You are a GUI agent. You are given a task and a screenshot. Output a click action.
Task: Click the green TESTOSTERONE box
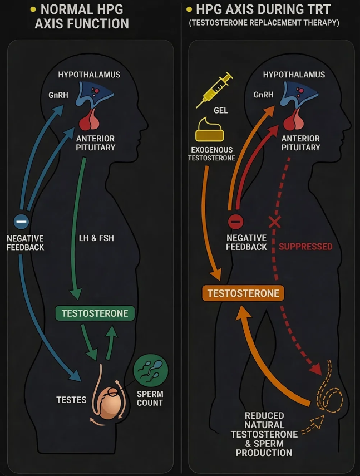tap(95, 313)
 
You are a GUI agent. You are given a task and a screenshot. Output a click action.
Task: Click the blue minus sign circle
tap(21, 221)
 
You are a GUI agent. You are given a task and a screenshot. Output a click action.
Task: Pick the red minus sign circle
tap(235, 221)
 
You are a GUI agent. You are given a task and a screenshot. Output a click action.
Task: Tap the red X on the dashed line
tap(274, 223)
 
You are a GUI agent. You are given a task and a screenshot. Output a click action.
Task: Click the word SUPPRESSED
tap(305, 246)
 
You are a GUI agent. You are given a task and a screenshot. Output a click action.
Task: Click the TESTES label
tap(71, 399)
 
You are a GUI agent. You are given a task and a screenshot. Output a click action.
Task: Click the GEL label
tap(221, 110)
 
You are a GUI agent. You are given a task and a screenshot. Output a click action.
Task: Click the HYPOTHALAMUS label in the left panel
tap(89, 75)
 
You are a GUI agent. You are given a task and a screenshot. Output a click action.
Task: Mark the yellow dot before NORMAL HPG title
tap(33, 9)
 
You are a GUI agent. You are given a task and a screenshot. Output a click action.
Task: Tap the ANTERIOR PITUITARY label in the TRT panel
tap(301, 143)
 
